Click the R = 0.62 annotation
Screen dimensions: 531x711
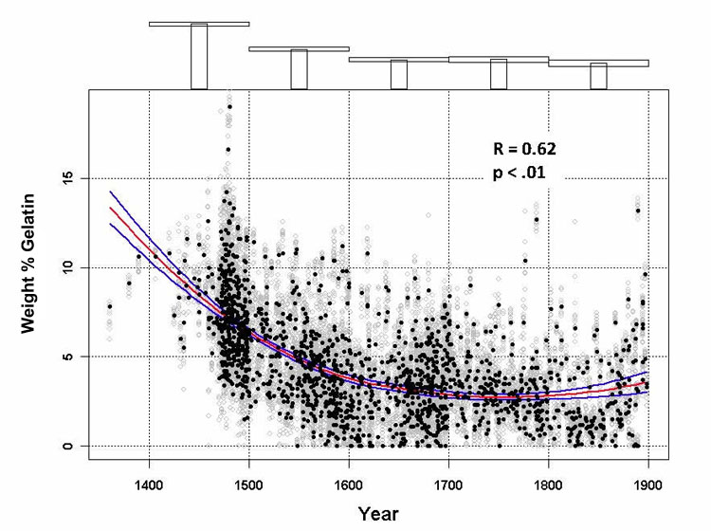coord(523,149)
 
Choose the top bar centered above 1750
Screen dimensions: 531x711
coord(499,74)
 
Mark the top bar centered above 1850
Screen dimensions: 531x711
coord(598,76)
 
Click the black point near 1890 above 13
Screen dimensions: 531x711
coord(638,211)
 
